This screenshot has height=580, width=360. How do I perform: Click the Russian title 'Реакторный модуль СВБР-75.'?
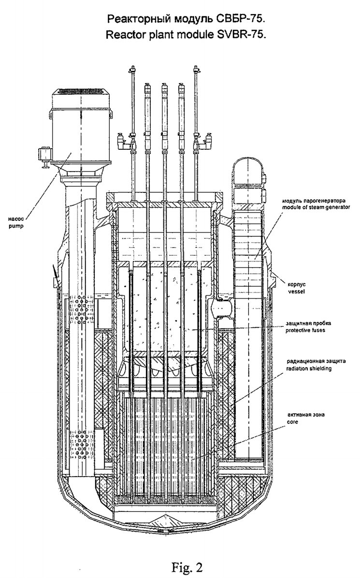(187, 20)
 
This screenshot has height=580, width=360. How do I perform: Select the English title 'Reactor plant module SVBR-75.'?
(187, 35)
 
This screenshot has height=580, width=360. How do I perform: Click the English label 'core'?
(292, 422)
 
